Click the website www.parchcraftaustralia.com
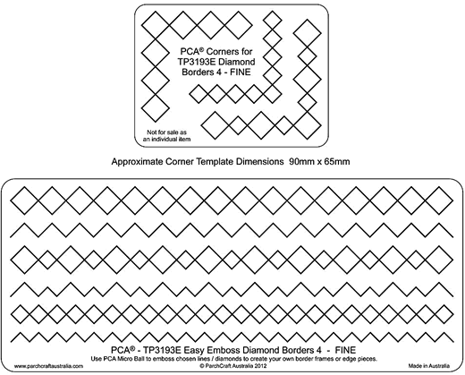[x=48, y=366]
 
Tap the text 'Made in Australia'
[x=429, y=366]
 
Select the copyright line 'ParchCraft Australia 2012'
[x=233, y=366]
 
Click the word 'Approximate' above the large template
[x=137, y=161]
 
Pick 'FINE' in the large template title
[x=345, y=350]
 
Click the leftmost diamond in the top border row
[x=24, y=200]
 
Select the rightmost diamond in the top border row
[x=439, y=200]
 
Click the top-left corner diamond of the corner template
[x=155, y=25]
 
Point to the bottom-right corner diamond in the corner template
[x=308, y=125]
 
